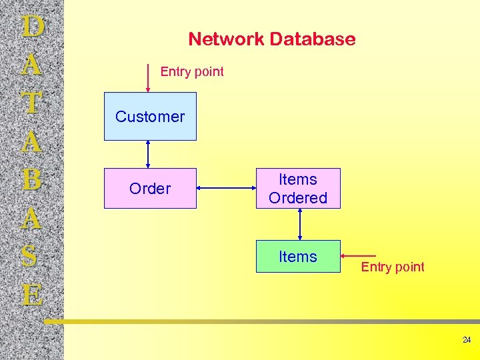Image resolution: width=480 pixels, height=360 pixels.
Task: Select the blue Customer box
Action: coord(150,117)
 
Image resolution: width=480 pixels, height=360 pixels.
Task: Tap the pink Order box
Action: coord(150,189)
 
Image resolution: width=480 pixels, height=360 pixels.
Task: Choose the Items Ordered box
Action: coord(298,189)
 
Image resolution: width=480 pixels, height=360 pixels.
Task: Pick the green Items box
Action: coord(298,257)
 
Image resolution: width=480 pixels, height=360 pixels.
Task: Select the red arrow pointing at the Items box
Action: coord(360,256)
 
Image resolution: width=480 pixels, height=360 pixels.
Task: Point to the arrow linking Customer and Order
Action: coord(148,154)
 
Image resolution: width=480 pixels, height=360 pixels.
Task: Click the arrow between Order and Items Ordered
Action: coord(227,189)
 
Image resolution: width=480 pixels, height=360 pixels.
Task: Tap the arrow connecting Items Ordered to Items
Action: coord(301,224)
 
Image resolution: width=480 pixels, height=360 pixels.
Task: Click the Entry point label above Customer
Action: coord(192,71)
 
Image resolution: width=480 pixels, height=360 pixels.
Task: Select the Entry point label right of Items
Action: coord(393,267)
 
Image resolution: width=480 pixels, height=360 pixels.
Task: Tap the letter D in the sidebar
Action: coord(32,27)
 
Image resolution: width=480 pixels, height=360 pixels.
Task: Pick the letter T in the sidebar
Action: coord(32,103)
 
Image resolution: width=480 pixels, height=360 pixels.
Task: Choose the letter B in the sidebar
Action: coord(32,180)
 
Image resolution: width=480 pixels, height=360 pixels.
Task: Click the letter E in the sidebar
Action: coord(32,295)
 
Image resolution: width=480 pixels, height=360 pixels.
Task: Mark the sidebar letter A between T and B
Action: coord(32,141)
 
